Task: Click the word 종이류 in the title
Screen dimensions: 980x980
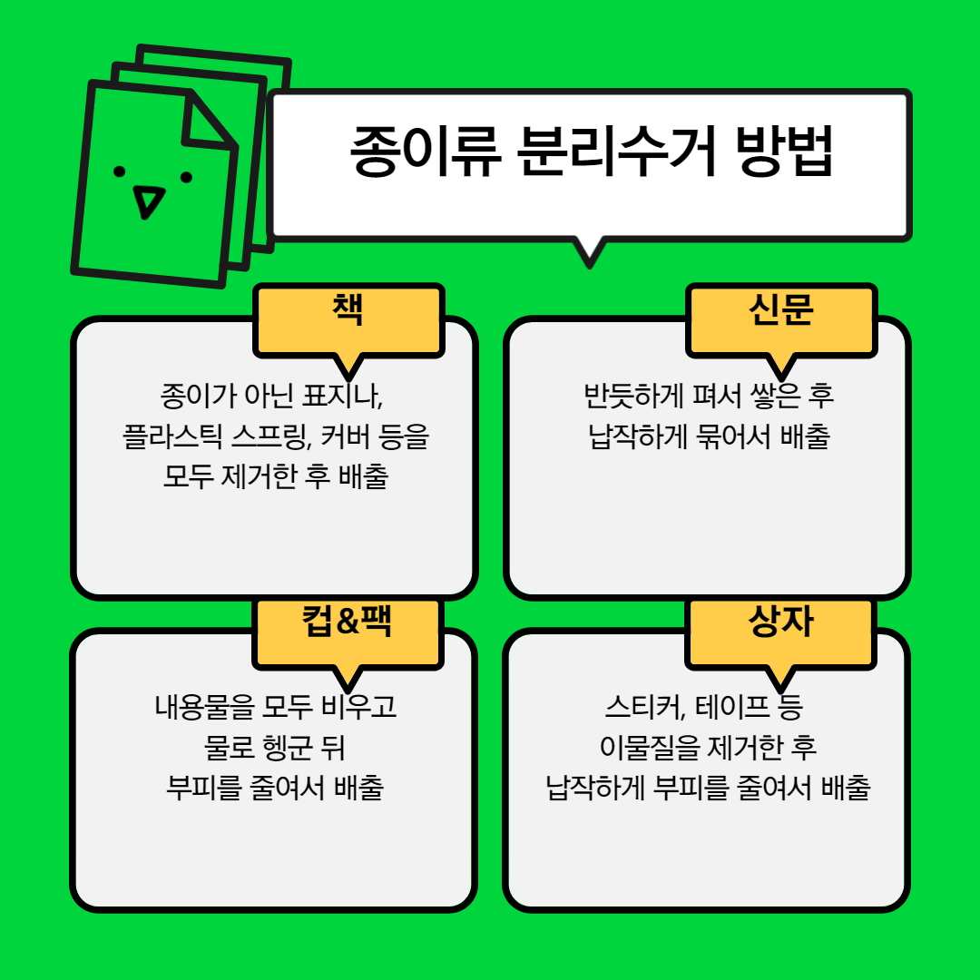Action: (x=424, y=152)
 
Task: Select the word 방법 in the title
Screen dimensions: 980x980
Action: (x=785, y=152)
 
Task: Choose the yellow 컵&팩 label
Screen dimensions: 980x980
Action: (x=348, y=622)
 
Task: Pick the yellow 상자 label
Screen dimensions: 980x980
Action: (x=780, y=622)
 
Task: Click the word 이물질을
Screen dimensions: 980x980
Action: (x=651, y=748)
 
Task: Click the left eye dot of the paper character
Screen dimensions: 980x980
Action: (x=119, y=171)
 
